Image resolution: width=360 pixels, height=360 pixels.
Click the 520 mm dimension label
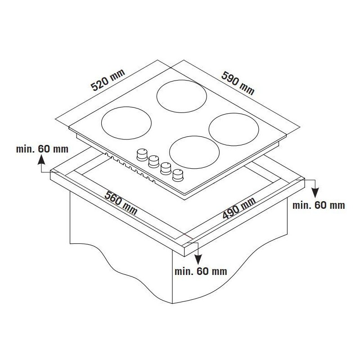coord(108,80)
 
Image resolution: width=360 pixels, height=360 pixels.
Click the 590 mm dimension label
coord(238,83)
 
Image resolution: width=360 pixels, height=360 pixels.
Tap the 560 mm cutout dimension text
coord(121,203)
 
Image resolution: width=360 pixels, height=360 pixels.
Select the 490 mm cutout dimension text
coord(239,208)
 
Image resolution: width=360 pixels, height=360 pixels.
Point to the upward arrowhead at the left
coord(41,159)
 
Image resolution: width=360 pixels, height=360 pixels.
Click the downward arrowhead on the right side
coord(315,193)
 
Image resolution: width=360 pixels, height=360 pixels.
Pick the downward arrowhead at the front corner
coord(198,259)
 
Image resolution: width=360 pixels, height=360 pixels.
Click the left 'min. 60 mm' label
coord(42,149)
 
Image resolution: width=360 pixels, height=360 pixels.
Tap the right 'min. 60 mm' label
coord(319,205)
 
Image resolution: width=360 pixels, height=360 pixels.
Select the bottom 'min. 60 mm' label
coord(201,271)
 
